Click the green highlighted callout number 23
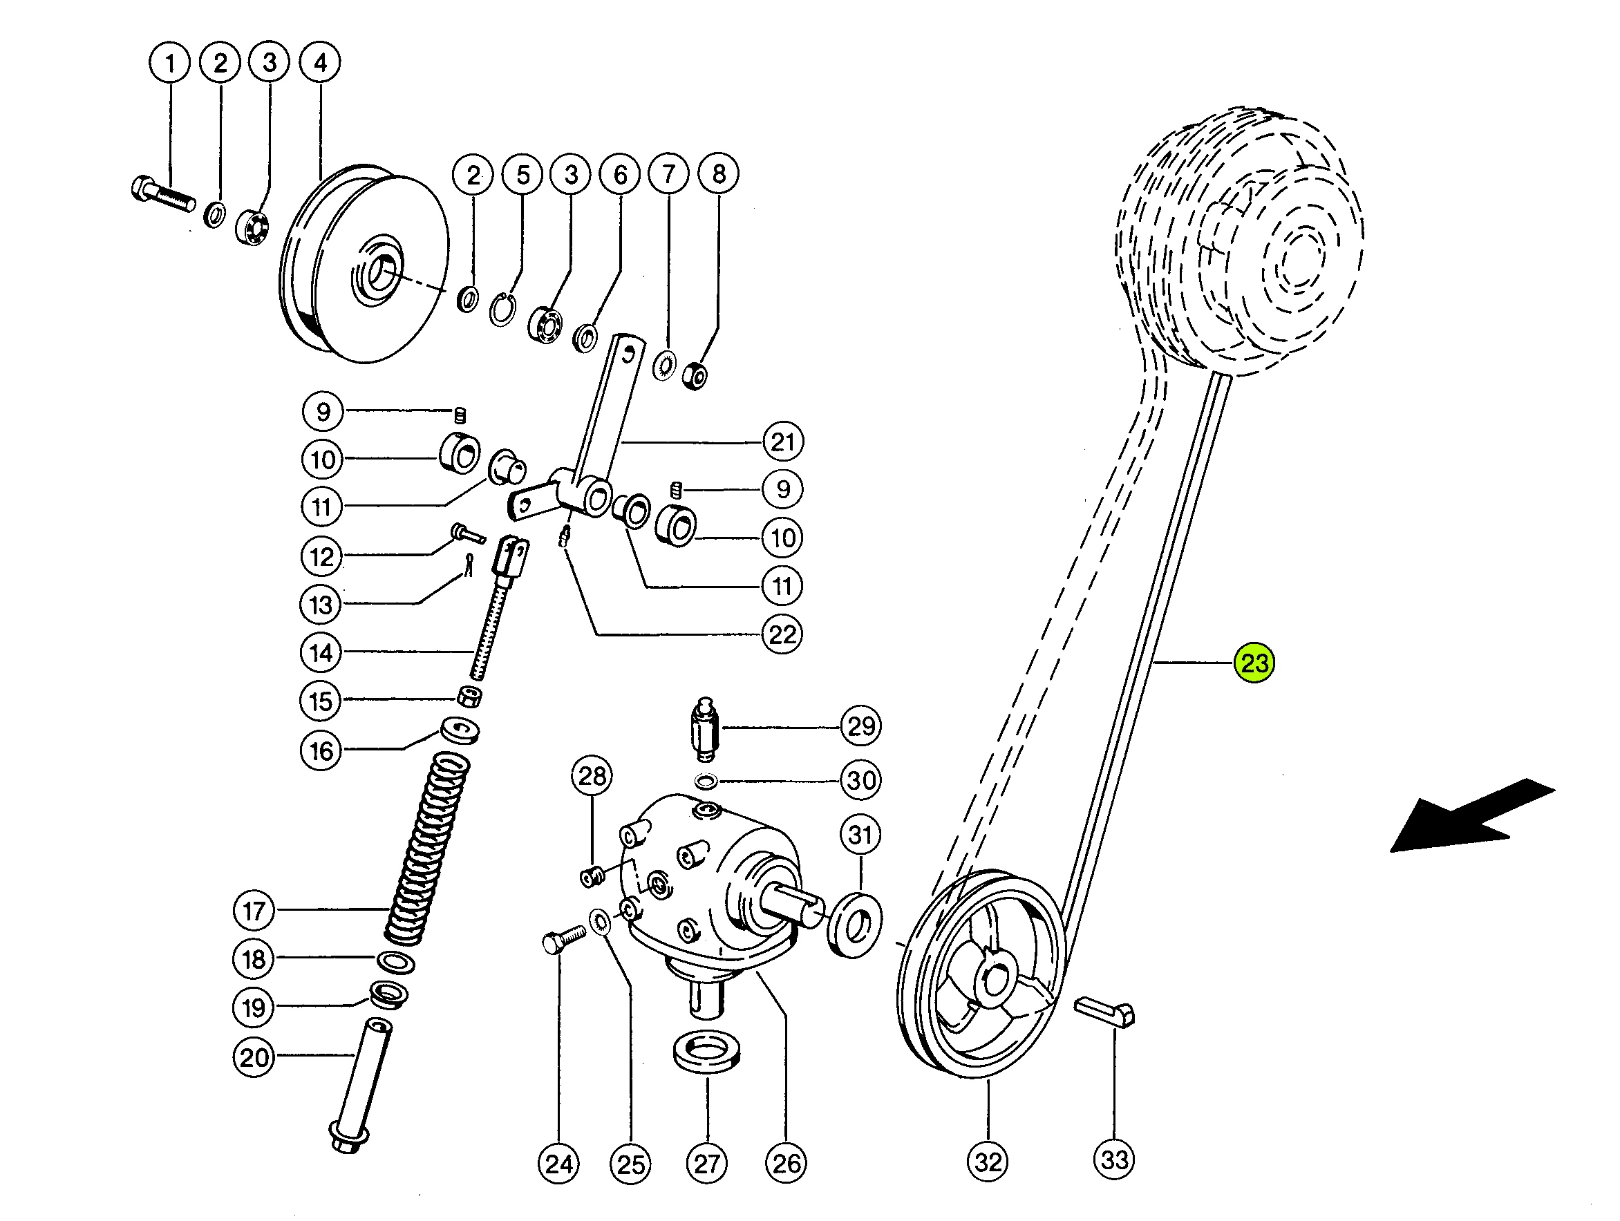pyautogui.click(x=1254, y=663)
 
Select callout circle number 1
pyautogui.click(x=170, y=63)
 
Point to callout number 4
pyautogui.click(x=320, y=63)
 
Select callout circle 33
pyautogui.click(x=1114, y=1160)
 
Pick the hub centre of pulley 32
pyautogui.click(x=995, y=981)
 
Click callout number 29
pyautogui.click(x=860, y=726)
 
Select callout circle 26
pyautogui.click(x=786, y=1163)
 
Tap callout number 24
pyautogui.click(x=559, y=1164)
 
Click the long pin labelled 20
pyautogui.click(x=360, y=1086)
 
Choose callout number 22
pyautogui.click(x=782, y=634)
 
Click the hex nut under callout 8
pyautogui.click(x=695, y=376)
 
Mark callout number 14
pyautogui.click(x=321, y=652)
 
